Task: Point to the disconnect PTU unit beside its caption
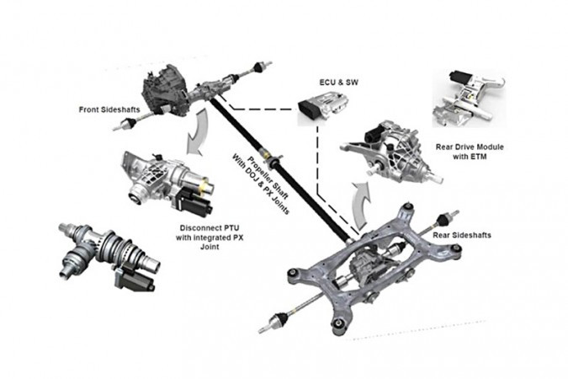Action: click(x=165, y=178)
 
